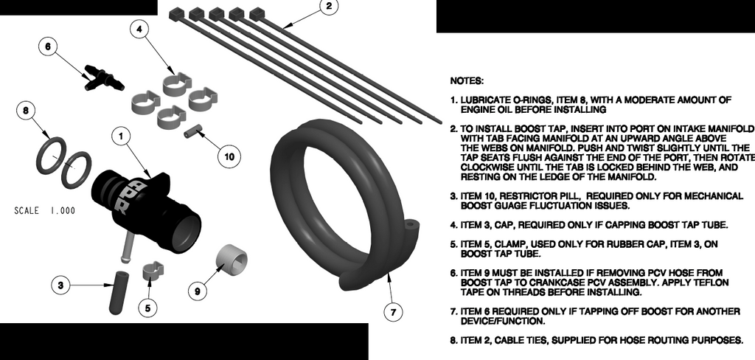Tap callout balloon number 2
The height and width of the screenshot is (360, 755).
328,8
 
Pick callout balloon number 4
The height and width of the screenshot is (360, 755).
142,30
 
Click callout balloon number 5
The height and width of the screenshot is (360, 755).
148,308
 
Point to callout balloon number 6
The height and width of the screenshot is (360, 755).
48,46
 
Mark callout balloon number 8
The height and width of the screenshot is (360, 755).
26,111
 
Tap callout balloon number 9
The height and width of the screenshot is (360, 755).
197,291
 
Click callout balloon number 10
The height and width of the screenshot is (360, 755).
229,156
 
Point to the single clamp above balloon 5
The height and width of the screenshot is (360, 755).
153,273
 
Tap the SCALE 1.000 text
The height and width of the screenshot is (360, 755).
44,211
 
